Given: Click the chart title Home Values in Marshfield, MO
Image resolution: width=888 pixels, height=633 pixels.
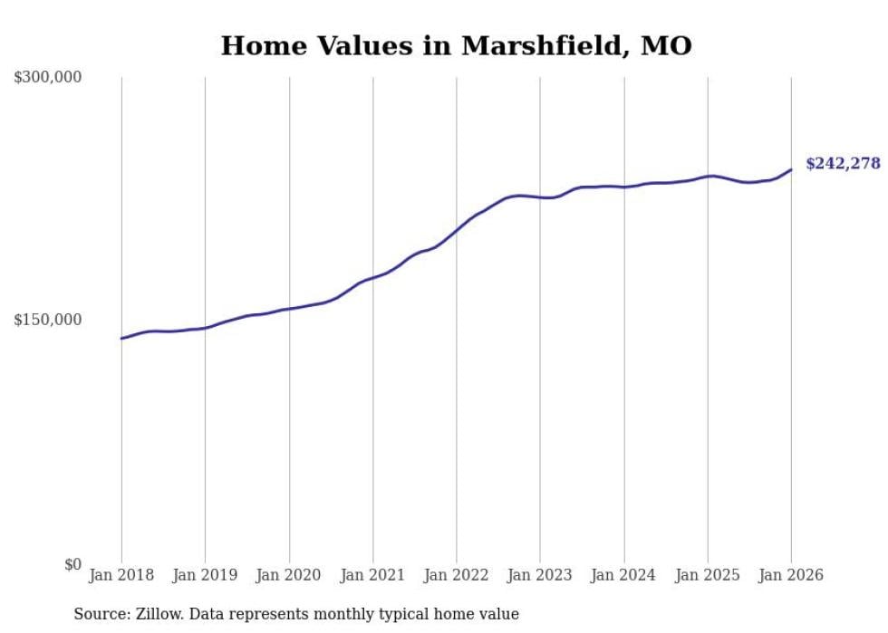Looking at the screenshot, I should click(x=456, y=45).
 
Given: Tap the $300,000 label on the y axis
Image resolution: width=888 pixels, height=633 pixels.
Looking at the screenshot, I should click(x=48, y=78).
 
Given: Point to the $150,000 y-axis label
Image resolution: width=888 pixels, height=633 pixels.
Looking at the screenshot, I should click(x=48, y=320).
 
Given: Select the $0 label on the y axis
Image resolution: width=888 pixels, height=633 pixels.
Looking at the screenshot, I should click(x=72, y=564).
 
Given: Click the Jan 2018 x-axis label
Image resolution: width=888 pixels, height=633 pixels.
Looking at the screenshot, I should click(x=121, y=575).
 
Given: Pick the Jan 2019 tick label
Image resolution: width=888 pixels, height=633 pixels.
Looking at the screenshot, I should click(x=205, y=575).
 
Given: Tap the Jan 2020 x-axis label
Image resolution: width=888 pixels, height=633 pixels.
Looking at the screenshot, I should click(x=289, y=575).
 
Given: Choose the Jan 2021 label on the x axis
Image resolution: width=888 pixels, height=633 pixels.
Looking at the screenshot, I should click(x=372, y=575).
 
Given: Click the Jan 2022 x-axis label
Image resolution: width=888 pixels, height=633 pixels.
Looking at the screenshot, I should click(x=457, y=575).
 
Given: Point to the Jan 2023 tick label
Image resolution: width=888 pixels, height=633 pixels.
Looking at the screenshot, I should click(x=540, y=575).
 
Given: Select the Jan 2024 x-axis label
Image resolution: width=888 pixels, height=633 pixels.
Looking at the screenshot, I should click(x=623, y=575).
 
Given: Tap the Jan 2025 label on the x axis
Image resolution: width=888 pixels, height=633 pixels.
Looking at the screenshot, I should click(x=708, y=575).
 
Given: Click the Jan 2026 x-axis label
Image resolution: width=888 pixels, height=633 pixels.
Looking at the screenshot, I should click(x=791, y=575).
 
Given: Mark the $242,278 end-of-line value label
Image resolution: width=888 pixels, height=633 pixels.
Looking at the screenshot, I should click(x=843, y=164).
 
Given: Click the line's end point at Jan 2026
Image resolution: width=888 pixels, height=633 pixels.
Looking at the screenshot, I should click(x=791, y=169).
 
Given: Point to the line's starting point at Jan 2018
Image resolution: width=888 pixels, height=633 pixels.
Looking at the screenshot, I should click(x=121, y=339).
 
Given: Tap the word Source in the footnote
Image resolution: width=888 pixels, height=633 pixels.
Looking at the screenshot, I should click(x=101, y=614).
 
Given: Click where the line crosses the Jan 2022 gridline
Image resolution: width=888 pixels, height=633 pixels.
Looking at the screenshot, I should click(x=457, y=229).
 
